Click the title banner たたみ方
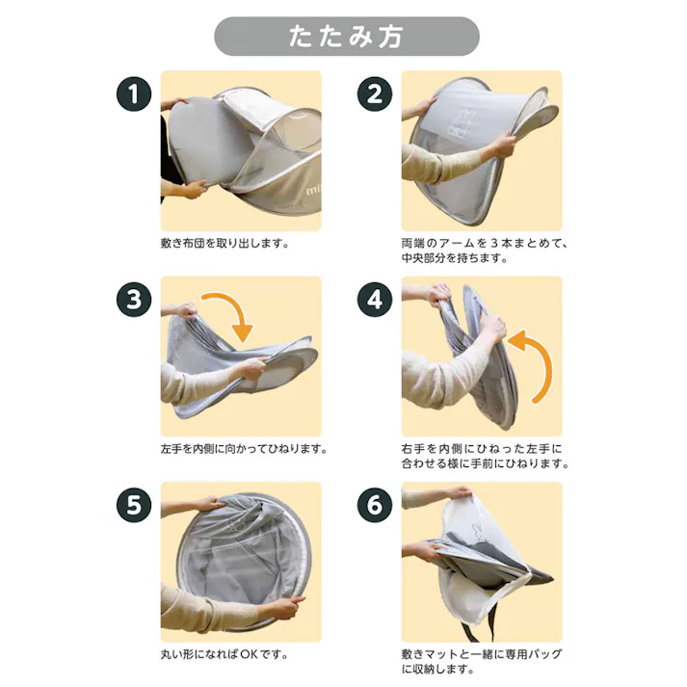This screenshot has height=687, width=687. pos(347,37)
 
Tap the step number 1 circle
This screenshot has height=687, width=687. pos(134,94)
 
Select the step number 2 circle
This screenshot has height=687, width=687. pos(375,94)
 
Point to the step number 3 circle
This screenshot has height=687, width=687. pos(134,300)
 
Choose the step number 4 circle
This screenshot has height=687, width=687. pos(375,300)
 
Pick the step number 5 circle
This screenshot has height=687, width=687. pos(134,505)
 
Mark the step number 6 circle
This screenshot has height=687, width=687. pos(375,505)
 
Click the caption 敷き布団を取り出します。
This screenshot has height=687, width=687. pos(225,243)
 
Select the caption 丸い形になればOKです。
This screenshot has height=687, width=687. pos(225,654)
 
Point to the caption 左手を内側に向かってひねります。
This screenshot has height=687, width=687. pos(244,449)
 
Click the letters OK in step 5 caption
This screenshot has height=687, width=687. pos(249,654)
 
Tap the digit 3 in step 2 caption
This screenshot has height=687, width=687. pos(494,243)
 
